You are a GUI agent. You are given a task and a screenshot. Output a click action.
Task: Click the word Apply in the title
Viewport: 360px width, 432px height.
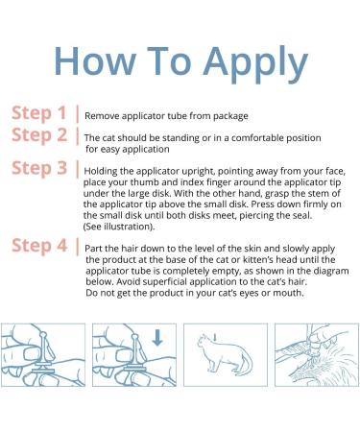click(x=255, y=64)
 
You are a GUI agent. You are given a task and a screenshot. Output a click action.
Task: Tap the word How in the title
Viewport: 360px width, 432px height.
click(x=95, y=60)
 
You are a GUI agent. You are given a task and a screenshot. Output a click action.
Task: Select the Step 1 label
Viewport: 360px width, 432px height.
click(x=39, y=113)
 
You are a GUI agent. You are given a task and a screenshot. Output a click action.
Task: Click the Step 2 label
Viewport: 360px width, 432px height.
click(x=39, y=135)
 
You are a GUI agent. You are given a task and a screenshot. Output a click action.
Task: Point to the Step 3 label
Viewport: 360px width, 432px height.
click(x=39, y=168)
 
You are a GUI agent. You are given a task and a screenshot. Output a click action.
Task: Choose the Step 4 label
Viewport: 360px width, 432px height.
click(x=39, y=246)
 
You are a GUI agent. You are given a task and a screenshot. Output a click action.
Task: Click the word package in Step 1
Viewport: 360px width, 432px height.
click(x=230, y=116)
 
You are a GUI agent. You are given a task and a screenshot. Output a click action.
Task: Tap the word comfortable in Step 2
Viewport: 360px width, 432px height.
click(x=257, y=138)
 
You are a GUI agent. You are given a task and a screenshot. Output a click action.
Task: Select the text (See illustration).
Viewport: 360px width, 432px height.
click(x=119, y=227)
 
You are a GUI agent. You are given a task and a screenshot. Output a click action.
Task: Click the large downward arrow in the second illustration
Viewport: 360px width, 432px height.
click(x=157, y=338)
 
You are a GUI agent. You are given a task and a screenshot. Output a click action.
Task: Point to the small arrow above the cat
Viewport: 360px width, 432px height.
click(x=215, y=337)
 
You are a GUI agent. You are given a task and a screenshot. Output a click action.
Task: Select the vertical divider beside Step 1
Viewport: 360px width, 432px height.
click(x=77, y=114)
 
